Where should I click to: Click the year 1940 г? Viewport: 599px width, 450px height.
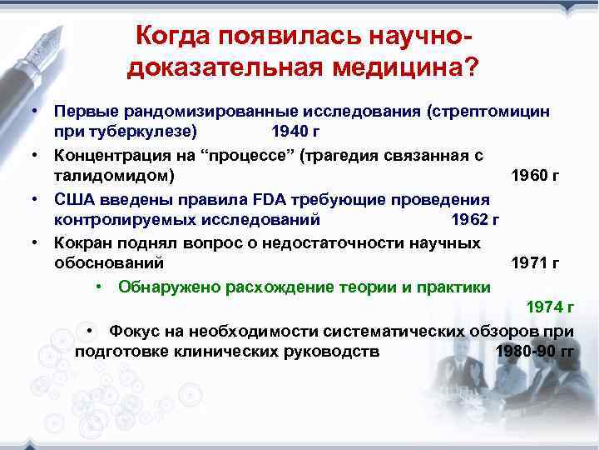(x=295, y=132)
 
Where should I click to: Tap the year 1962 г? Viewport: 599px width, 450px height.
(x=473, y=220)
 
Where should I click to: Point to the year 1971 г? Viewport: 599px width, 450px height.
(x=533, y=264)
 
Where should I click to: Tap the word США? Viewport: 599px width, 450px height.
(x=76, y=199)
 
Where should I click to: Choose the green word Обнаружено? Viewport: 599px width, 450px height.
(x=166, y=287)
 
